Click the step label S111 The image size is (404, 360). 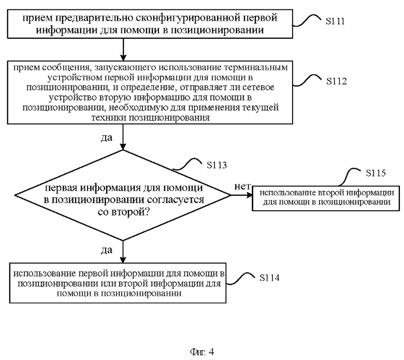click(335, 21)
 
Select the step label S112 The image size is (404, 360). click(336, 81)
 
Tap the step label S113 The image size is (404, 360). click(217, 165)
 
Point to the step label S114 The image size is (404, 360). click(269, 278)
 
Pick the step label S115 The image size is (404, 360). click(376, 173)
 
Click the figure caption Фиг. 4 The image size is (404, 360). click(202, 352)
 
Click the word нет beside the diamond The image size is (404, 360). click(242, 186)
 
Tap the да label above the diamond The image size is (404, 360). click(106, 138)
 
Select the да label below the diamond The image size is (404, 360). click(106, 250)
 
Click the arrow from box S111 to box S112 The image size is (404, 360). click(123, 50)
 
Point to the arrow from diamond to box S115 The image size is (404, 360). click(241, 195)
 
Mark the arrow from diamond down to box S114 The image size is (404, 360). click(123, 252)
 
